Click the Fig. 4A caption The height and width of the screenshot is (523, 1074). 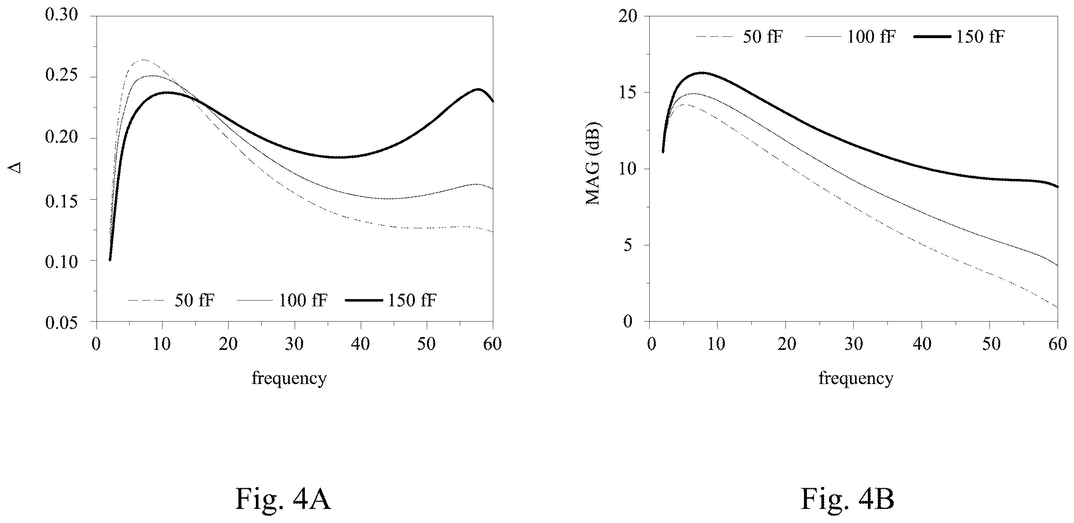[x=283, y=499]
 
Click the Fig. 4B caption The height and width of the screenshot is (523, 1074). [x=848, y=499]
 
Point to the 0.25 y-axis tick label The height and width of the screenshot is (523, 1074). [x=61, y=76]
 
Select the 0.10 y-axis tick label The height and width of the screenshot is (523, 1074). [x=61, y=261]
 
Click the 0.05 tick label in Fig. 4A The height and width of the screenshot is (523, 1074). [x=61, y=322]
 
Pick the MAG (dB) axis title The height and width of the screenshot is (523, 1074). [x=592, y=163]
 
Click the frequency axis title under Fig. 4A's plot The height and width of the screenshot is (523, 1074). [x=289, y=379]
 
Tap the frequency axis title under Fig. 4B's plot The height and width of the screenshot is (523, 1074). [x=855, y=379]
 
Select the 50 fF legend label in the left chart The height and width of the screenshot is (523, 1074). [x=195, y=300]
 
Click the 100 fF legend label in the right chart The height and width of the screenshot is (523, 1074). [x=871, y=37]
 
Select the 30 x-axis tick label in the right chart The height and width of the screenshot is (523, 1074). [x=854, y=344]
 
